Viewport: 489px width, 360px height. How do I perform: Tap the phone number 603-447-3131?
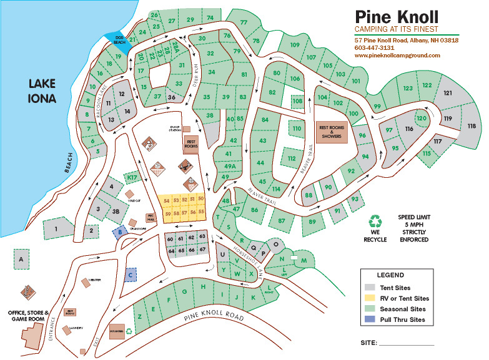point(374,47)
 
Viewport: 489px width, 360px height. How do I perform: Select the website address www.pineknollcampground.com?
point(397,55)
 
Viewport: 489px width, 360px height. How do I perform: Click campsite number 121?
point(447,93)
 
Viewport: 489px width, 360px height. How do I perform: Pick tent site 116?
point(409,129)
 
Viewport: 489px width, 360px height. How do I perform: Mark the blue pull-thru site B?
point(120,231)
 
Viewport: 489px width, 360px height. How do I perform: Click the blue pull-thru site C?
point(131,273)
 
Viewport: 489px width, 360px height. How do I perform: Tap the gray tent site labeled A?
point(21,258)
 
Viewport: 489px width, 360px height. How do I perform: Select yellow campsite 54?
point(167,200)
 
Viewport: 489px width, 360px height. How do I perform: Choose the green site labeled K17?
point(132,178)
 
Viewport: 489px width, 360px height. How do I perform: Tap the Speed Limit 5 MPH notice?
point(413,228)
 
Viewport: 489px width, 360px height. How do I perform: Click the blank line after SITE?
point(406,344)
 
